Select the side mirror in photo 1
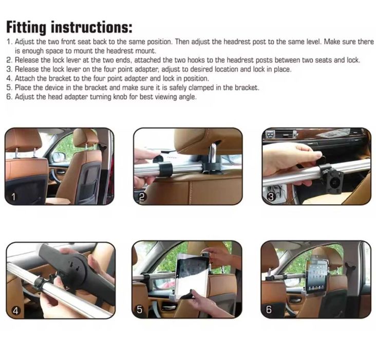59,157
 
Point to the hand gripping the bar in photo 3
288,159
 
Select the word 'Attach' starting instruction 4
24,78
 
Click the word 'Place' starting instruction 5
23,87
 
